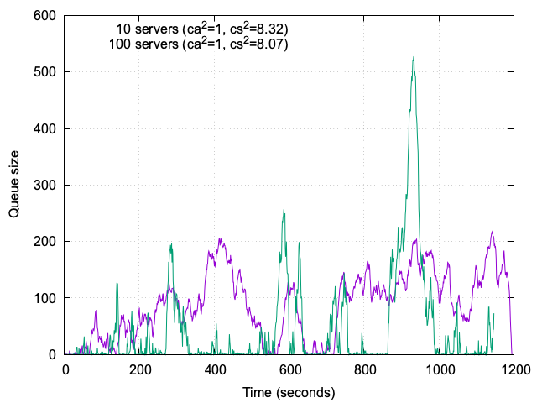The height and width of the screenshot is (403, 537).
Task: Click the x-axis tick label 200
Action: [140, 370]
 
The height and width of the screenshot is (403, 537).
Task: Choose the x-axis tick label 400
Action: [215, 370]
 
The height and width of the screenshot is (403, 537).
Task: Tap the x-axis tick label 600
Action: [289, 370]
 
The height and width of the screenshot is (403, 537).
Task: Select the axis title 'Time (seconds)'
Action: [289, 392]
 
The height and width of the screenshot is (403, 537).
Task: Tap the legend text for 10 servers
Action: [202, 29]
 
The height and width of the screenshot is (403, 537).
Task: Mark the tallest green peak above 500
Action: [414, 58]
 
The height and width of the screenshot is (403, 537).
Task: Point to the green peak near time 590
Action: [284, 211]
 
